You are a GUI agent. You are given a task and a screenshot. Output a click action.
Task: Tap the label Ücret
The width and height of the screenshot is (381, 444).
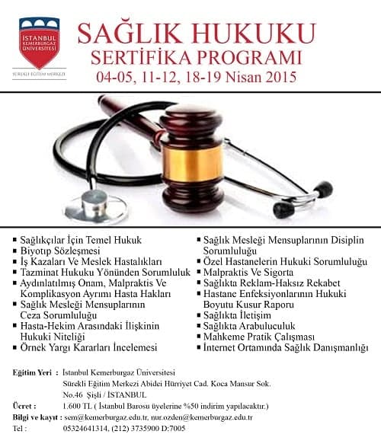(24, 406)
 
